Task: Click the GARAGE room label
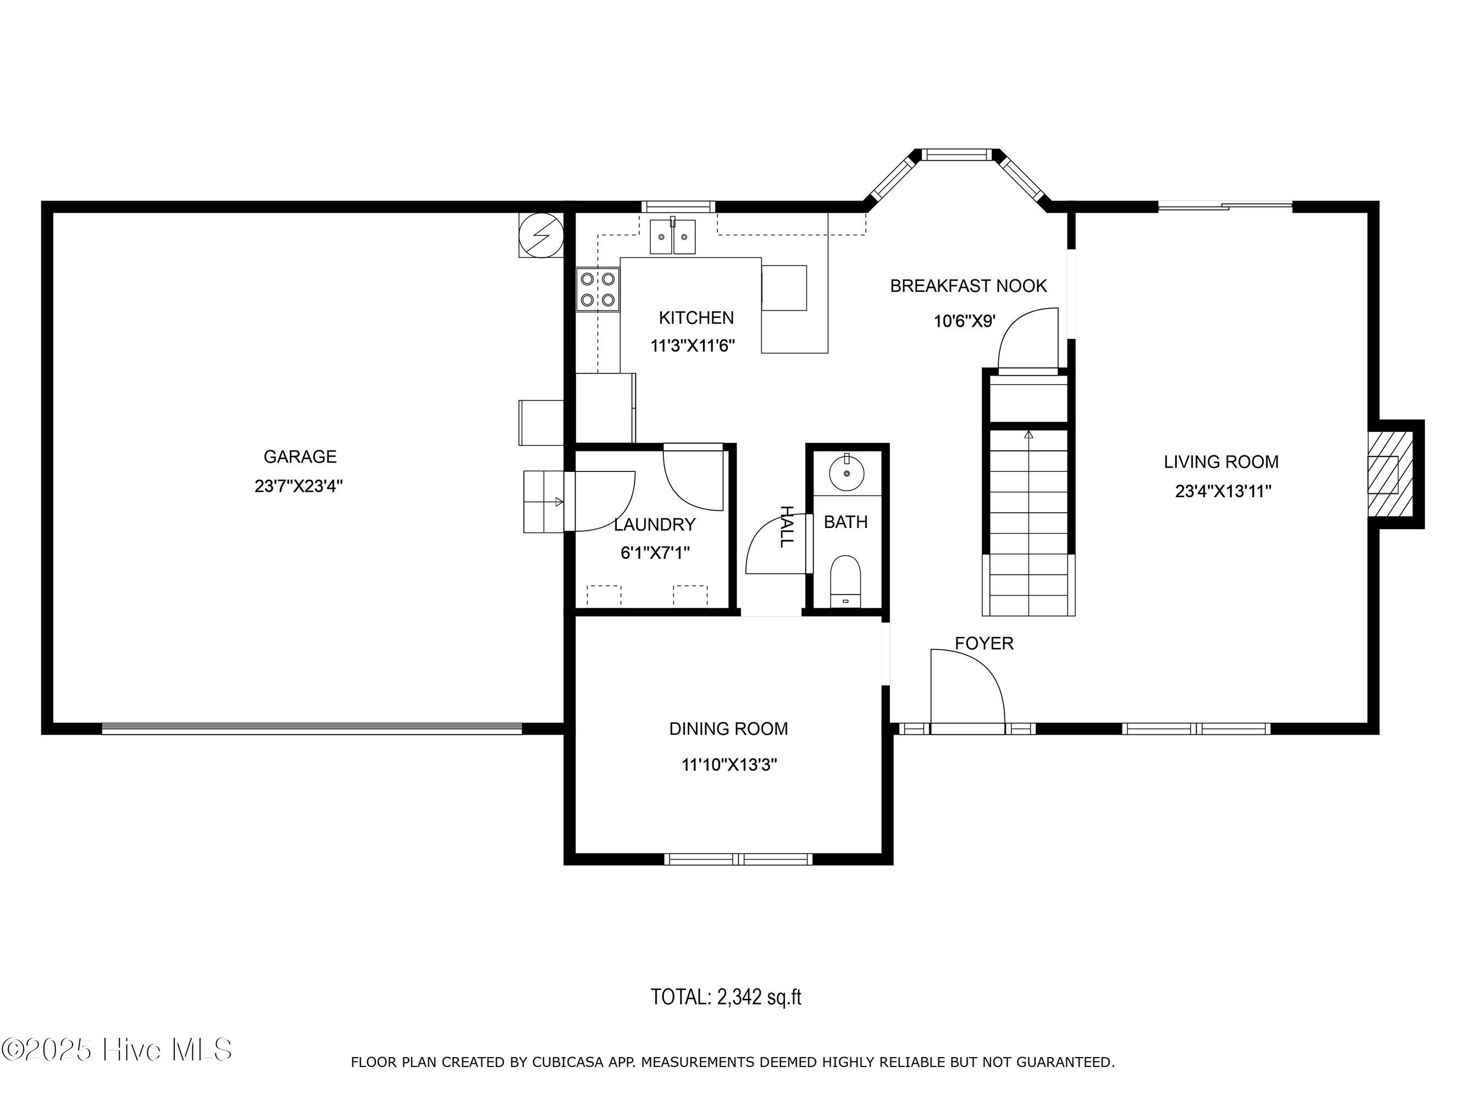(300, 457)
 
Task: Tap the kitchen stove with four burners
(598, 289)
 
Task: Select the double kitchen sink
(673, 236)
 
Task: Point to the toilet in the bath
(845, 581)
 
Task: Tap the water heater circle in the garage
(541, 235)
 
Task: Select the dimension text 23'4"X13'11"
(1223, 491)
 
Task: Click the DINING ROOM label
(728, 729)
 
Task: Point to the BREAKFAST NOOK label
(969, 286)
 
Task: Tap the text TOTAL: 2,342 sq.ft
(726, 997)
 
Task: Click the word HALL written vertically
(786, 526)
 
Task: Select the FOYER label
(984, 643)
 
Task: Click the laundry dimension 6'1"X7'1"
(655, 552)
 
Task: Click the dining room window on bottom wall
(738, 859)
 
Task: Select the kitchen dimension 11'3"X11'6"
(693, 345)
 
